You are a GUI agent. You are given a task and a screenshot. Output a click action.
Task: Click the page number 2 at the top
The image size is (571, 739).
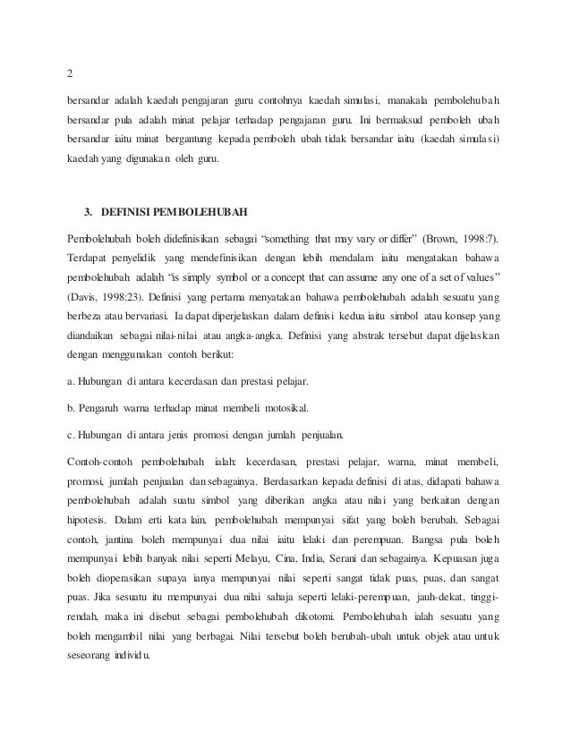tap(71, 73)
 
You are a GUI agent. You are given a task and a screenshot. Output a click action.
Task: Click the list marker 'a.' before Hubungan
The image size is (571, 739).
tap(72, 382)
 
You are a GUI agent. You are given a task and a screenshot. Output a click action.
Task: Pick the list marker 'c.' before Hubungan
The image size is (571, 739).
tap(72, 436)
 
